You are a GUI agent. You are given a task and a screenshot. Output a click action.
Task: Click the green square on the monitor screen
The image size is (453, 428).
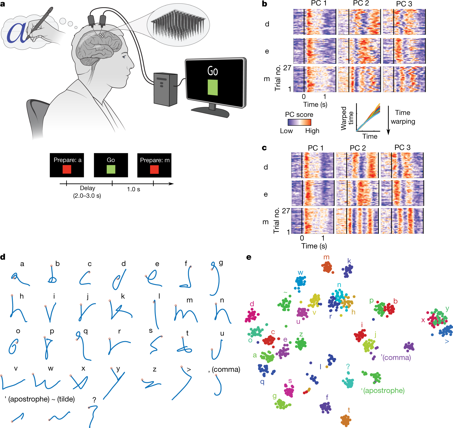pos(213,87)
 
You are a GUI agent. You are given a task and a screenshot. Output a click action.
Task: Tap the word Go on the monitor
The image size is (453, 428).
pos(213,71)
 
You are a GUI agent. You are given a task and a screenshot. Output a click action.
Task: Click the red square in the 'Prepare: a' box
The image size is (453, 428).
pos(67,169)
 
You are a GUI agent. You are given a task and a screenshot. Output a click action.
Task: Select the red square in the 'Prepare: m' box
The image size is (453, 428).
pos(154,169)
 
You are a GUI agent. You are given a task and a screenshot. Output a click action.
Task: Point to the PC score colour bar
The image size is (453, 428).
pos(299,122)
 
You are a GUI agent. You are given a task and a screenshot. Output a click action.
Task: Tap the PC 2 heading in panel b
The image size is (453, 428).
pos(361,3)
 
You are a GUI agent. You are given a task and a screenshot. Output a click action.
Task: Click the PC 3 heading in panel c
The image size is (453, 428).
pos(402,148)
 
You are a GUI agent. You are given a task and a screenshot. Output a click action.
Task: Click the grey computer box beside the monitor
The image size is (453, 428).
pos(165,89)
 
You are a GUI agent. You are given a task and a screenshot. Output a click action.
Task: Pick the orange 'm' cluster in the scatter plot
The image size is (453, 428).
pos(327,267)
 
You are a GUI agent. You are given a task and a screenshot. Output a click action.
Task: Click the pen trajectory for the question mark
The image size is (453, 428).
pos(93,416)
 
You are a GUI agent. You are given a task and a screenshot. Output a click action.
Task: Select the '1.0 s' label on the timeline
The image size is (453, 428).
pos(133,189)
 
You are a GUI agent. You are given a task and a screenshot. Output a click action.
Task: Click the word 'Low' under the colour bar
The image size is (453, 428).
pos(286,131)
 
